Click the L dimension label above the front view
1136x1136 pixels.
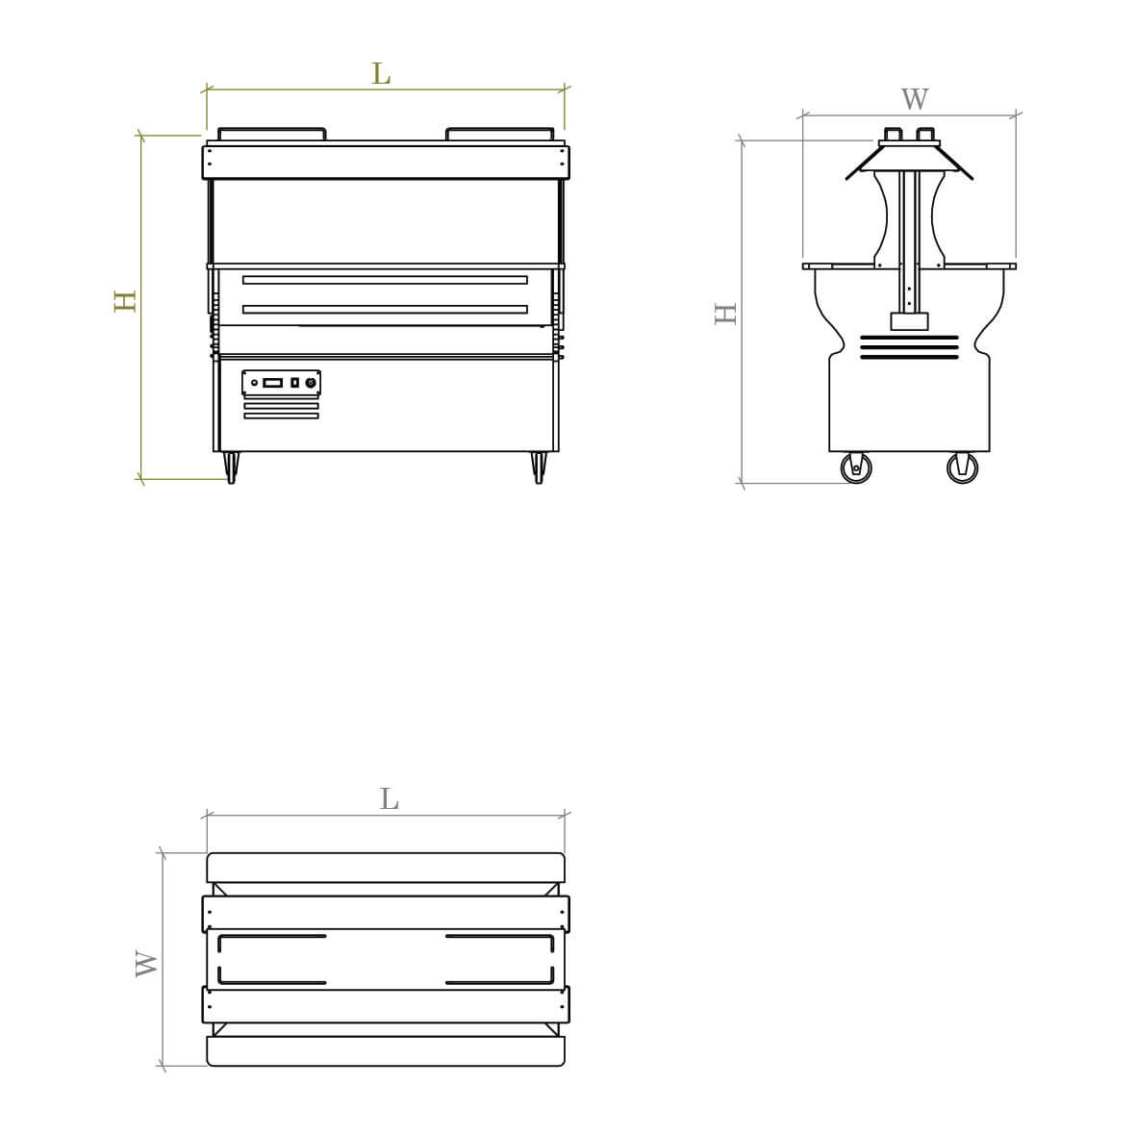tap(381, 73)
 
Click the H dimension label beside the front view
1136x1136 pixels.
tap(125, 301)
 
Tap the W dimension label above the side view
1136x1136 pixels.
tap(915, 98)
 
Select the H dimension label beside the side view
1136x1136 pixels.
tap(726, 313)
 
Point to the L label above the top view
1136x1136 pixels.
tap(389, 798)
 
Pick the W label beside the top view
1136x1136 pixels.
tap(146, 964)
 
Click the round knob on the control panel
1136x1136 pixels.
tap(311, 383)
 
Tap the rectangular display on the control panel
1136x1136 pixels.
tap(272, 383)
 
